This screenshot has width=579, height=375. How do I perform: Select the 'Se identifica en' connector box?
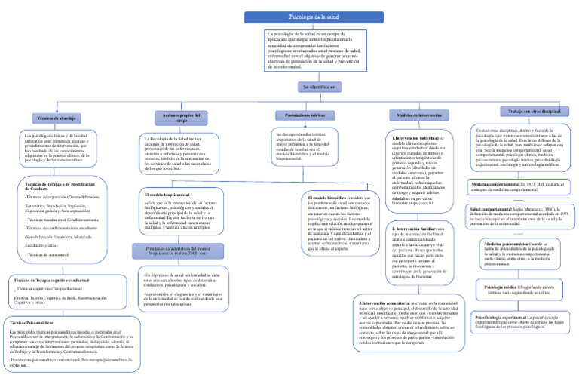(x=318, y=87)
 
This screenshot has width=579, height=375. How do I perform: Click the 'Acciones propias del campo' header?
(x=169, y=118)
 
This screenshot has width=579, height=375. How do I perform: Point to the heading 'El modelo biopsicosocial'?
(x=166, y=195)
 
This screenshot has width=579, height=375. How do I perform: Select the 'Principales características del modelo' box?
(x=175, y=251)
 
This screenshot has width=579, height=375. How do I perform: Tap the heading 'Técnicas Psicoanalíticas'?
(x=32, y=322)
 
